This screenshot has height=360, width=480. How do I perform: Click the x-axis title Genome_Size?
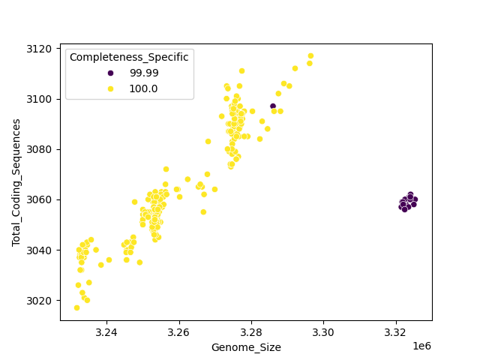(x=246, y=347)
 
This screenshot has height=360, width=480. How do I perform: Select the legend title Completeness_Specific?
(x=129, y=57)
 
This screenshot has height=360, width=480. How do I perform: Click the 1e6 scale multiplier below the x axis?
(x=422, y=346)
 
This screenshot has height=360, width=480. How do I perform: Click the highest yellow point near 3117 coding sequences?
(x=310, y=56)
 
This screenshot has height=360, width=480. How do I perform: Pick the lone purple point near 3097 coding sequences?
(x=273, y=106)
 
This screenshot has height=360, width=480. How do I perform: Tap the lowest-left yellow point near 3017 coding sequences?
(x=76, y=307)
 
